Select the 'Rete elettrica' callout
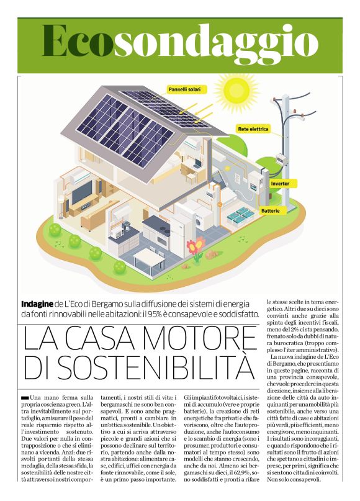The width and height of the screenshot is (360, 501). tap(253, 129)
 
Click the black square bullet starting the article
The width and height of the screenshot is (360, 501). tap(24, 397)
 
